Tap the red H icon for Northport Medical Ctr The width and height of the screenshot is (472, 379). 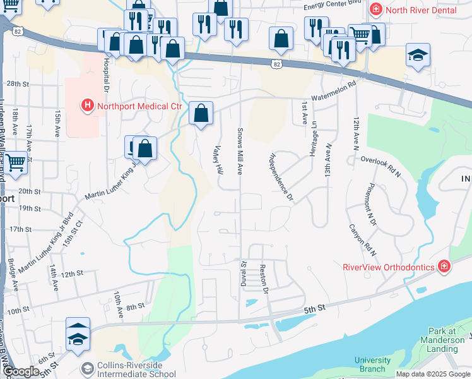[87, 105]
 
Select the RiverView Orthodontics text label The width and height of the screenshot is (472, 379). [388, 267]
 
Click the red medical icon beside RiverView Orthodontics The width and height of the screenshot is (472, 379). [445, 267]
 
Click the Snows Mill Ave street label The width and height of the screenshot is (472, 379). [240, 151]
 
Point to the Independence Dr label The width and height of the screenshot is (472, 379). [282, 176]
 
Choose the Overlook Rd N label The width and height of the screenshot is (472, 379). [382, 164]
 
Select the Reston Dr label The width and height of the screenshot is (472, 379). [264, 279]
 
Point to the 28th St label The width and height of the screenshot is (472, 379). [18, 83]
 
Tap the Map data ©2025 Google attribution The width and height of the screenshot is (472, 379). [432, 374]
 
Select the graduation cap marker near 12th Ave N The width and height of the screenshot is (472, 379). [418, 55]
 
